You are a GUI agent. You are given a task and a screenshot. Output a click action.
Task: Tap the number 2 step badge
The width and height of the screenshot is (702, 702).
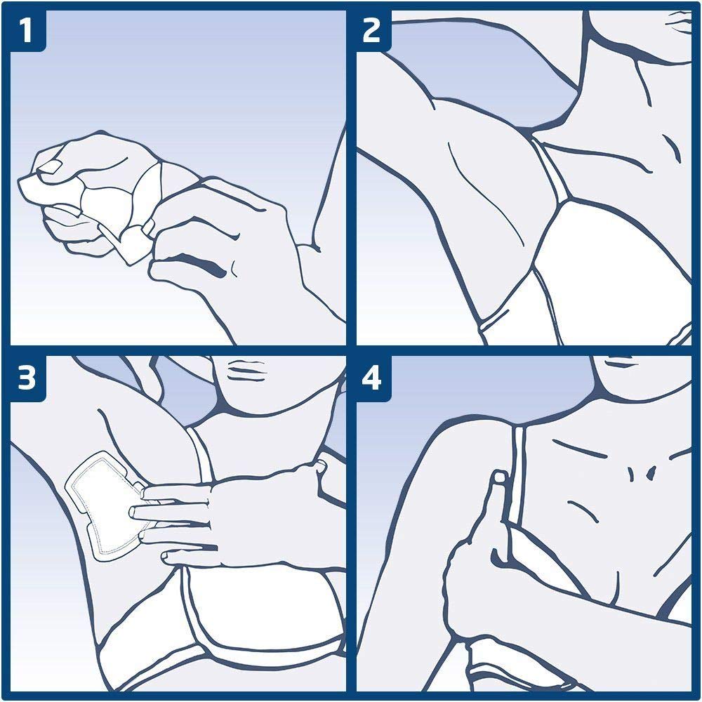[371, 31]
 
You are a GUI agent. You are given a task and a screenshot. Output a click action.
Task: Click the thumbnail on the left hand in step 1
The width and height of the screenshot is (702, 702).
[49, 167]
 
